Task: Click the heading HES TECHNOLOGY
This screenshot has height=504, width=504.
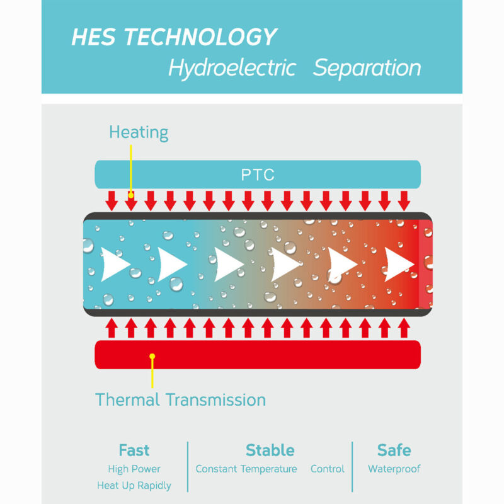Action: coord(174,37)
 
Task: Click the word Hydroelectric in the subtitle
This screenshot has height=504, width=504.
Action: coord(232,69)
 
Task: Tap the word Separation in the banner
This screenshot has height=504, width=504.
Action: coord(367,68)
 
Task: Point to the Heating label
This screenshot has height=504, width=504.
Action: coord(139,132)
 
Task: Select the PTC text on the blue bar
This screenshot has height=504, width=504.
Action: coord(258,175)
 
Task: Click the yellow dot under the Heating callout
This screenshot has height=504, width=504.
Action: coord(131,195)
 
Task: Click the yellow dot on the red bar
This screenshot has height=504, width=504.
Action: coord(152,356)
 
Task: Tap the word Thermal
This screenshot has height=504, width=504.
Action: coord(127,400)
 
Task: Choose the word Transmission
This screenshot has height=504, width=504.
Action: coord(216,400)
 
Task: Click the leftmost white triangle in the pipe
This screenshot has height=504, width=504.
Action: coord(114,264)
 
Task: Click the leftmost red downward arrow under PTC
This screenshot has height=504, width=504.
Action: coord(112,201)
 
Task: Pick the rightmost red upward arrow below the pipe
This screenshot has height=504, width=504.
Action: coord(404,328)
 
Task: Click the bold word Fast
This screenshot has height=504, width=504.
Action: coord(134,450)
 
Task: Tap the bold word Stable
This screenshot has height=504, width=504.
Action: coord(270,450)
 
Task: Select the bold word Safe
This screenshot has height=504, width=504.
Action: coord(394,450)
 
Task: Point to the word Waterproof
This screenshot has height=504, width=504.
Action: coord(394,469)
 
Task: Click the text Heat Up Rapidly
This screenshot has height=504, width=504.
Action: coord(134,485)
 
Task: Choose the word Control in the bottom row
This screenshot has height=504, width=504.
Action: coord(327,469)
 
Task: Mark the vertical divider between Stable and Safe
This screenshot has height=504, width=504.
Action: coord(352,467)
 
